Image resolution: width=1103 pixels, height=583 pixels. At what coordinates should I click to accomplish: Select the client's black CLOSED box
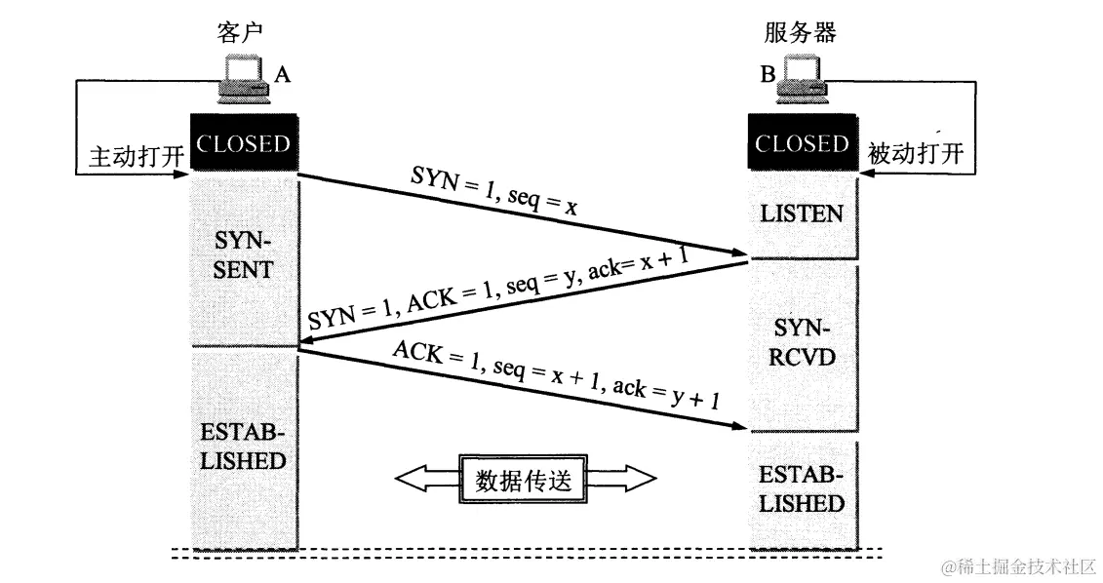pyautogui.click(x=244, y=144)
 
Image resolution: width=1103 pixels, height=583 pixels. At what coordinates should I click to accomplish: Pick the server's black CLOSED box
pyautogui.click(x=802, y=144)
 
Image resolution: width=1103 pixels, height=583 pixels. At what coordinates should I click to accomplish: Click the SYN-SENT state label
pyautogui.click(x=244, y=255)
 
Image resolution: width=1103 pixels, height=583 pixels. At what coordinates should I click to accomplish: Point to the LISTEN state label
pyautogui.click(x=802, y=214)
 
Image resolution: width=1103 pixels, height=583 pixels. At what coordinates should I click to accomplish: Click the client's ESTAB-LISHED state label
pyautogui.click(x=244, y=446)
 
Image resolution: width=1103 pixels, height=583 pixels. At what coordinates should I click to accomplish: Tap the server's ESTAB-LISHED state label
pyautogui.click(x=802, y=489)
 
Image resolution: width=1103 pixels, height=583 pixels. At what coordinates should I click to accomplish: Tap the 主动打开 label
pyautogui.click(x=133, y=157)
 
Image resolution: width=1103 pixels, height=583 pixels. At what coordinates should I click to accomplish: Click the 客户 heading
pyautogui.click(x=240, y=32)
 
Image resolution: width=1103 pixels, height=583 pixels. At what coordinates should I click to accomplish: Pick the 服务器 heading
pyautogui.click(x=801, y=32)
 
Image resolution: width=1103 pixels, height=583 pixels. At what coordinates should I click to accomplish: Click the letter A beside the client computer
pyautogui.click(x=282, y=75)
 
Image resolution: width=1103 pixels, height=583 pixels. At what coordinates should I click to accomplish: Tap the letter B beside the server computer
pyautogui.click(x=768, y=75)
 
